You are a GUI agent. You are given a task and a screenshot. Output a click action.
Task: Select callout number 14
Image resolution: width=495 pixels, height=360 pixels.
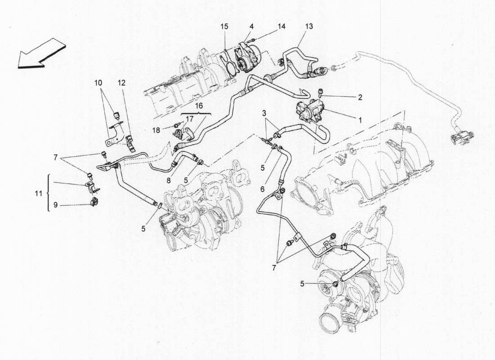(x=281, y=27)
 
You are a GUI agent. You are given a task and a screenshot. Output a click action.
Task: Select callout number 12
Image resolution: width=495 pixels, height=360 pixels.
(x=121, y=83)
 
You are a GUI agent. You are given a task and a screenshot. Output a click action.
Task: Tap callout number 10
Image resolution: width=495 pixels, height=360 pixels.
(x=99, y=83)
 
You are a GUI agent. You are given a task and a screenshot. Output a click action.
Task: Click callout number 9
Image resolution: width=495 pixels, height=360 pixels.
(x=55, y=205)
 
